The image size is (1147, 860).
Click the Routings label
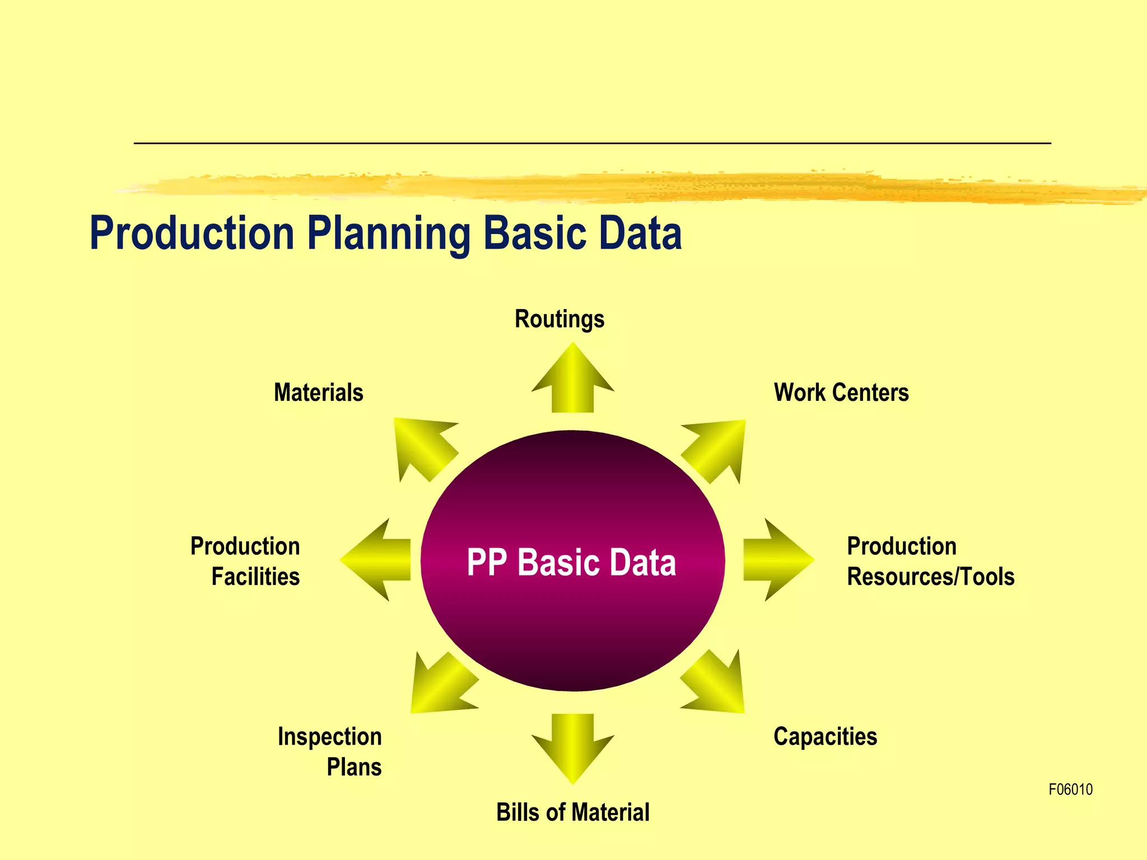pyautogui.click(x=559, y=319)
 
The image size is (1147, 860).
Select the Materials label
pyautogui.click(x=318, y=392)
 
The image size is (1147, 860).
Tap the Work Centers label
pyautogui.click(x=841, y=392)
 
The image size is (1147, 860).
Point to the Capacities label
pyautogui.click(x=825, y=736)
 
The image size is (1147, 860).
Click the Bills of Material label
pyautogui.click(x=572, y=812)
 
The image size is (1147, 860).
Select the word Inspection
pyautogui.click(x=329, y=736)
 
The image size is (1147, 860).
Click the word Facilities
pyautogui.click(x=255, y=577)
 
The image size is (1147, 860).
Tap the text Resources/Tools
pyautogui.click(x=930, y=577)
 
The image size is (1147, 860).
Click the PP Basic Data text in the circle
pyautogui.click(x=571, y=562)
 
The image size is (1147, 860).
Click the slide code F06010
pyautogui.click(x=1070, y=789)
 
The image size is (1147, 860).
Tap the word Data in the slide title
pyautogui.click(x=640, y=233)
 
